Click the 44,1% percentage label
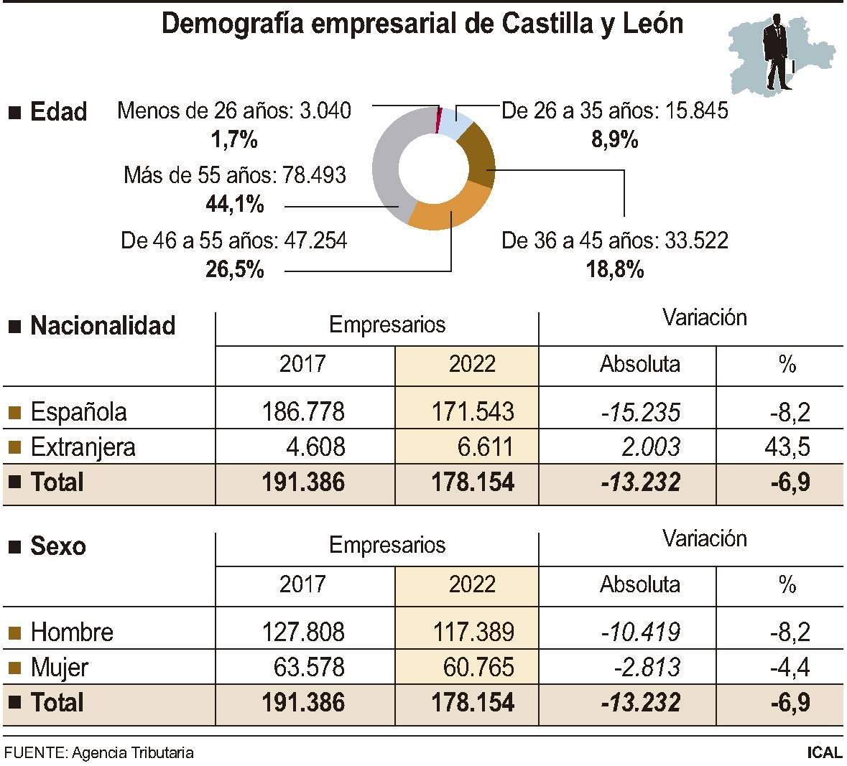234,205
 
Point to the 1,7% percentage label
234,139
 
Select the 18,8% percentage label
614,270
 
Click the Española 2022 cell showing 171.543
472,412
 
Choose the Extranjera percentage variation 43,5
787,447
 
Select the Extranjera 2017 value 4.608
315,447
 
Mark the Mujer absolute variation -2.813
646,668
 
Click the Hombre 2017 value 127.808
303,632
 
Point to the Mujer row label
60,668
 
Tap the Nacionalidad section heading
103,326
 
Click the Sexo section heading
57,546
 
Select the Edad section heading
58,112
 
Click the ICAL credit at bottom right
823,753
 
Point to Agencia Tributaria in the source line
133,753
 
